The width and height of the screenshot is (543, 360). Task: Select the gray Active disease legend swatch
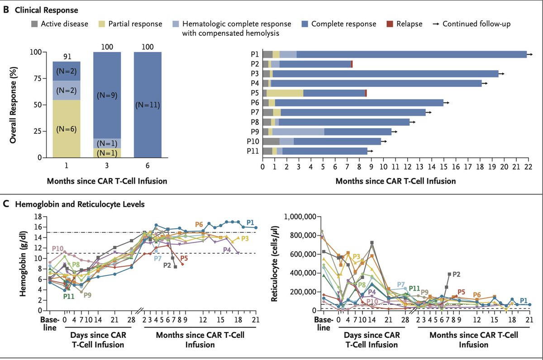(34, 24)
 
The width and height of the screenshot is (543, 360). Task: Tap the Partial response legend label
(134, 24)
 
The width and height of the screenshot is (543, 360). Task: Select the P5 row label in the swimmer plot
(255, 93)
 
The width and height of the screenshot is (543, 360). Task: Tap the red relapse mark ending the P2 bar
(352, 64)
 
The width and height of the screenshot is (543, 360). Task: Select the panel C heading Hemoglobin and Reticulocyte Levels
(80, 204)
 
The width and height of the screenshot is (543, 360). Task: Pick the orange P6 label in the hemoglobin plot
(199, 224)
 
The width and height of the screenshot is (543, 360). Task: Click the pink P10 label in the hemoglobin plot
(57, 248)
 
